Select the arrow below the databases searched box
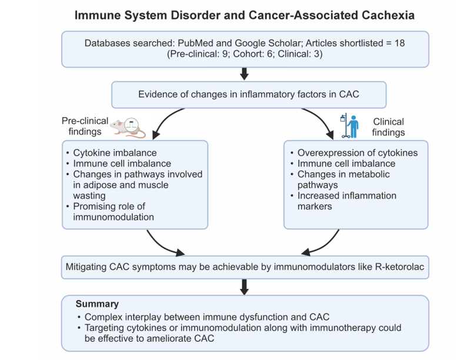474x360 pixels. click(x=245, y=74)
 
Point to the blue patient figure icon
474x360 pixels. click(x=351, y=126)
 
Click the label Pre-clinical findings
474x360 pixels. click(x=85, y=126)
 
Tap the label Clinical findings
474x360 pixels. click(x=388, y=127)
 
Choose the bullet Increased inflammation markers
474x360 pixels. click(x=347, y=201)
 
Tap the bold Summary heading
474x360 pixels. click(x=97, y=304)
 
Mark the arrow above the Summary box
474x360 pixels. click(x=245, y=286)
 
